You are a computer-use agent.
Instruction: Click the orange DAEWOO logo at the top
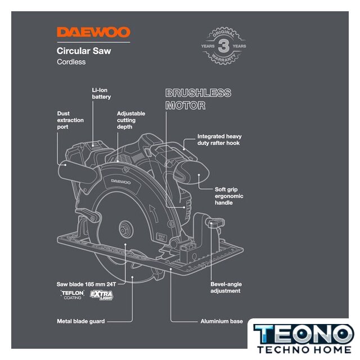93,33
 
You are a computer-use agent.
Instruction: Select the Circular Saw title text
84,51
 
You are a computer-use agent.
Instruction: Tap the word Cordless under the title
71,62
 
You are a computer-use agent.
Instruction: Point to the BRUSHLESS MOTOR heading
198,99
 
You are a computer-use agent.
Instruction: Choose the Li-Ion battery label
101,93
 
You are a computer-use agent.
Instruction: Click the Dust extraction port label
70,120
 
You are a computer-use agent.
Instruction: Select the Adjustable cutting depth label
130,120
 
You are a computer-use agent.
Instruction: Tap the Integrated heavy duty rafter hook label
219,140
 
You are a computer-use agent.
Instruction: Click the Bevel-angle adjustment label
226,287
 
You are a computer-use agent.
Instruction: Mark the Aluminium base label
222,321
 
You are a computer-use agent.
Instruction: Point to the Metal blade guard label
80,321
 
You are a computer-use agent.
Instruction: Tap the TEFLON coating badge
73,295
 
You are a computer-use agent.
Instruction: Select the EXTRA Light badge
102,295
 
